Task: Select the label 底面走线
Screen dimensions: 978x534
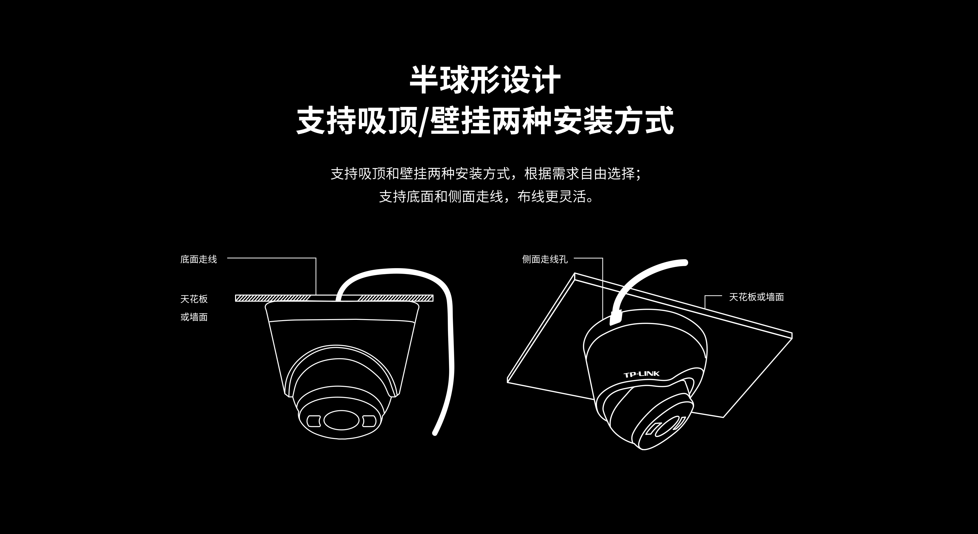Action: [199, 259]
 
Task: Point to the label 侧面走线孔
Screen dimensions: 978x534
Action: [545, 259]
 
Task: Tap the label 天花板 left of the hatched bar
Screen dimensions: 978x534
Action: [194, 299]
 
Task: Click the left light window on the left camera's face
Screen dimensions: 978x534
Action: [313, 421]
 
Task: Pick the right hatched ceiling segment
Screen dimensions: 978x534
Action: [395, 298]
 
